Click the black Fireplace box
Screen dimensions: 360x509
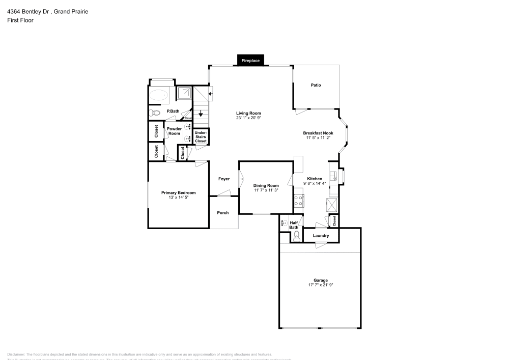(x=250, y=61)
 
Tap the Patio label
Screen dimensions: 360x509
(x=316, y=85)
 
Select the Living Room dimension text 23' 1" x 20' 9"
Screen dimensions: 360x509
(x=248, y=118)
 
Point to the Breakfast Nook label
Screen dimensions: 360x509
(x=318, y=133)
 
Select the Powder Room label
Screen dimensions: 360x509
(x=174, y=131)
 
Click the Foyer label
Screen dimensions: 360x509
(x=224, y=179)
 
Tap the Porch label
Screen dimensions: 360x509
(x=223, y=212)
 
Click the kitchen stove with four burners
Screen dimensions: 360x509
(x=299, y=200)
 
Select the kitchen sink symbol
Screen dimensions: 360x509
(x=333, y=176)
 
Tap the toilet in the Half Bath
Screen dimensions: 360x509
(x=296, y=235)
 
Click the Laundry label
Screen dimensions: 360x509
(x=321, y=236)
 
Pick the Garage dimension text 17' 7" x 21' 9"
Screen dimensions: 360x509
(x=321, y=285)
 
